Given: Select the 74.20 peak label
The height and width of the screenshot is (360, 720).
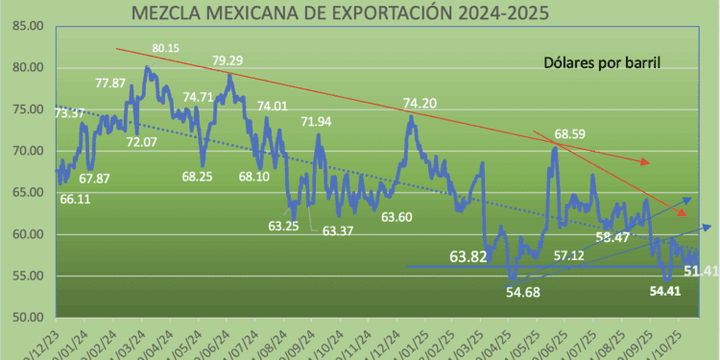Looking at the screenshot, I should point(420,104).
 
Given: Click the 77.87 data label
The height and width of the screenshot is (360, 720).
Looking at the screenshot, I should point(111,84).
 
